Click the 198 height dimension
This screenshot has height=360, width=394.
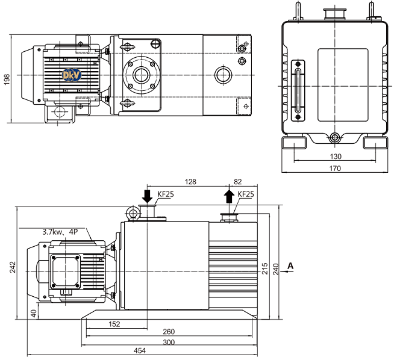tap(7, 79)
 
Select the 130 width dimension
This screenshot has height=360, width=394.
tap(336, 157)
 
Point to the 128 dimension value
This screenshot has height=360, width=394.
tap(191, 181)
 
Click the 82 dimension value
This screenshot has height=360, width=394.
tap(237, 181)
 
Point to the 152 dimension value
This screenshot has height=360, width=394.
tap(114, 324)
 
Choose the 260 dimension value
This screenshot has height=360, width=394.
tap(169, 333)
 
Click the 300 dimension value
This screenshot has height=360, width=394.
tap(169, 343)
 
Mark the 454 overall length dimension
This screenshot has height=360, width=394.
tap(139, 352)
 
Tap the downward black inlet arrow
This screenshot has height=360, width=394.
tap(146, 196)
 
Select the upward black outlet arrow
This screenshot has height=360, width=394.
tap(229, 196)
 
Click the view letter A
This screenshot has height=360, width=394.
tap(290, 265)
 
